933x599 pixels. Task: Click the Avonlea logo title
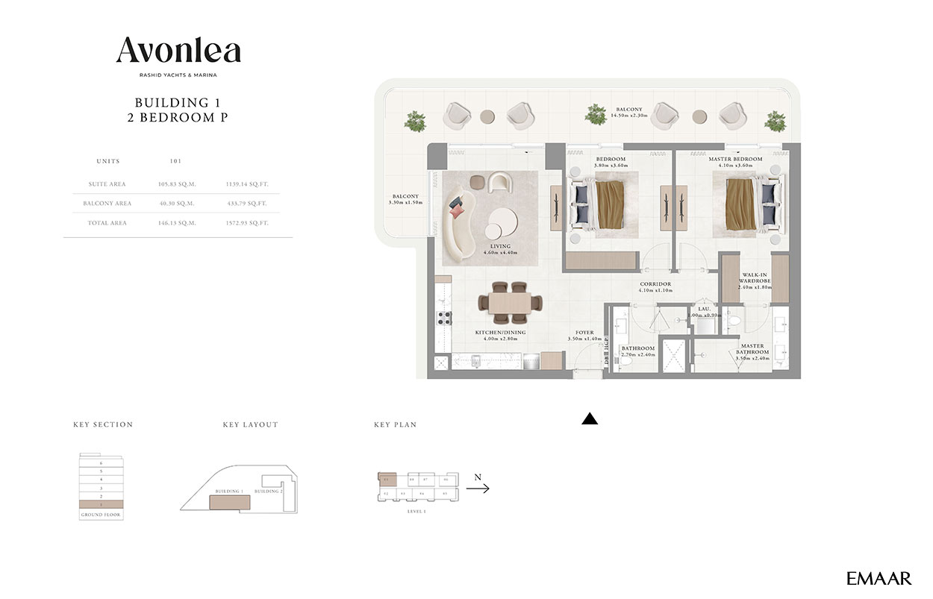coord(178,51)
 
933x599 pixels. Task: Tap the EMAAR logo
coord(879,578)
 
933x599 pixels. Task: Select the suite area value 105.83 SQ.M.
coord(176,184)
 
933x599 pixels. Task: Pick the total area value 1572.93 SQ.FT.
coord(246,223)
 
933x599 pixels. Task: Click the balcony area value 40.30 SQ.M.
coord(176,203)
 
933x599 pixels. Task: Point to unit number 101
coord(176,161)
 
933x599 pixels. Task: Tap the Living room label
coord(500,246)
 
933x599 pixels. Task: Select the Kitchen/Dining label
coord(500,333)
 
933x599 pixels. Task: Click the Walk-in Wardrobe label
coord(755,279)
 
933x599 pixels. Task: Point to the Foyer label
coord(584,333)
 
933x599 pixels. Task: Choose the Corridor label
coord(655,284)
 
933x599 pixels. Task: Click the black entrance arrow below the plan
coord(590,419)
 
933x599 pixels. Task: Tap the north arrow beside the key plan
coord(478,489)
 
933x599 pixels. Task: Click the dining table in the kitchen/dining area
coord(510,302)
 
